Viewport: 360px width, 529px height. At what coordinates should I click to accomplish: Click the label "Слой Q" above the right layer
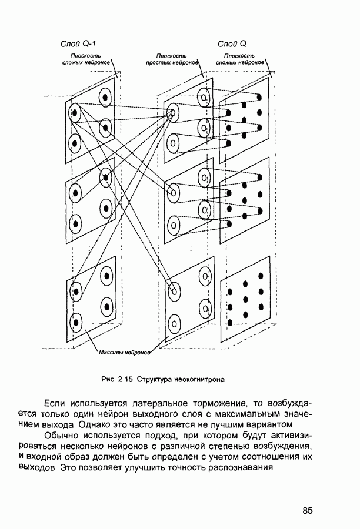tap(232, 44)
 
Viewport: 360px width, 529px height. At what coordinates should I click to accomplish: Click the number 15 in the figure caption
tap(128, 379)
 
